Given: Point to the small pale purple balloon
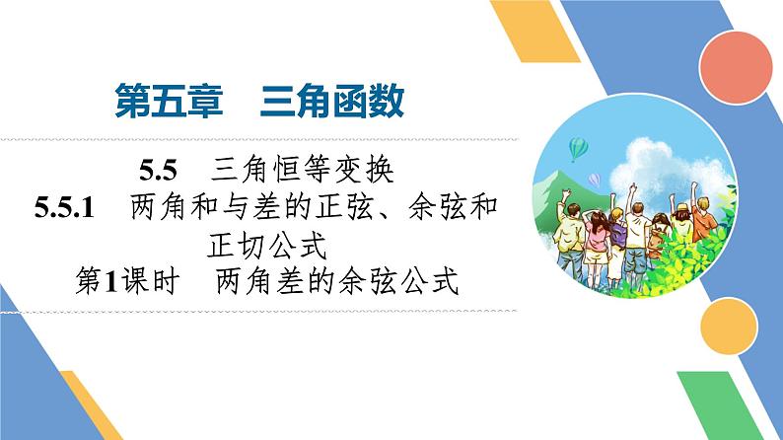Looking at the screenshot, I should tap(594, 180).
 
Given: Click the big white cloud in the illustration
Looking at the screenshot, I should tap(659, 163).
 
